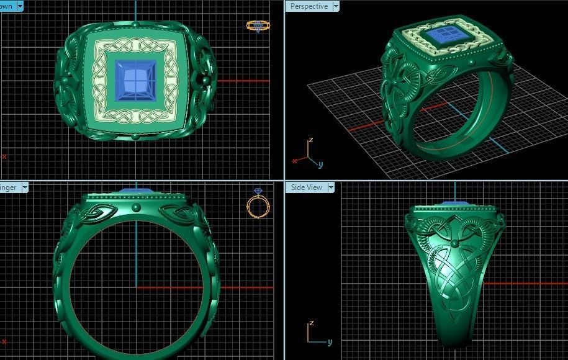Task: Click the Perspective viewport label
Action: pos(309,6)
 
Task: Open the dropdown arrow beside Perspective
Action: pos(336,6)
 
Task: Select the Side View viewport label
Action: pos(307,187)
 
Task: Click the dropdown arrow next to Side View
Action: pos(331,187)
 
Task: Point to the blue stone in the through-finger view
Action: pos(136,191)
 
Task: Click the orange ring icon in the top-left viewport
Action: pos(258,25)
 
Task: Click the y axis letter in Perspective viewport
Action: pos(320,164)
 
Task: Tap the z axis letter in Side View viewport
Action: pos(310,323)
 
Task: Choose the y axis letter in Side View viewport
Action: pos(329,342)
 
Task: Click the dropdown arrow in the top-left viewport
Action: pos(20,6)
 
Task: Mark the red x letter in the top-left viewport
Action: pos(4,156)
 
